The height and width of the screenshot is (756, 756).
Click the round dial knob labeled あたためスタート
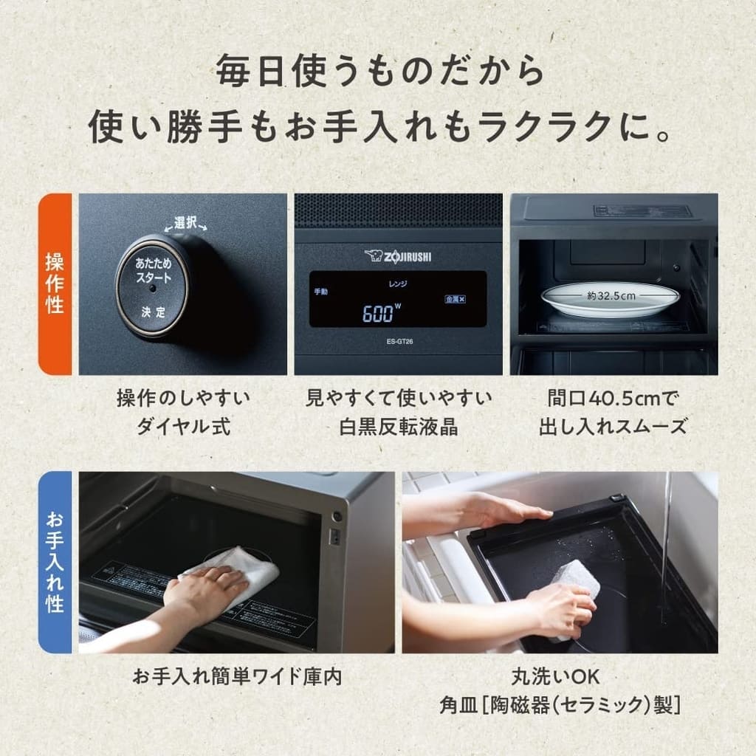click(153, 286)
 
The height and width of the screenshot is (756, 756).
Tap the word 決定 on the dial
click(153, 312)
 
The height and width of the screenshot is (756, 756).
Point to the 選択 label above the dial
click(185, 222)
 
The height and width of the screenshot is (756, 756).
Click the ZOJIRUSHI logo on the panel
click(399, 255)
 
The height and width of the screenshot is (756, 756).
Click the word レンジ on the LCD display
click(398, 283)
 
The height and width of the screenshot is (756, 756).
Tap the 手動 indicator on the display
click(320, 292)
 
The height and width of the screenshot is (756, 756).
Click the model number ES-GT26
click(398, 340)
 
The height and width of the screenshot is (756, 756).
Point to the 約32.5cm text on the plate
click(611, 295)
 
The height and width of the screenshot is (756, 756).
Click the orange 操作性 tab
click(55, 283)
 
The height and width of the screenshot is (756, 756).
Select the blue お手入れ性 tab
click(55, 562)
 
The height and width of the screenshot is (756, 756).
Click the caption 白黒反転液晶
click(399, 426)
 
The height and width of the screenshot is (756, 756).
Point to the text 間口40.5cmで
click(613, 399)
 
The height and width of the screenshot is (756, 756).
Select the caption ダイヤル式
click(183, 426)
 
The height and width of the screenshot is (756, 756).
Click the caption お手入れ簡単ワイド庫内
click(237, 676)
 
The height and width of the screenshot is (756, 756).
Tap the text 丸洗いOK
click(559, 676)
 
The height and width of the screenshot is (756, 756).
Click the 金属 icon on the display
click(454, 299)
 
